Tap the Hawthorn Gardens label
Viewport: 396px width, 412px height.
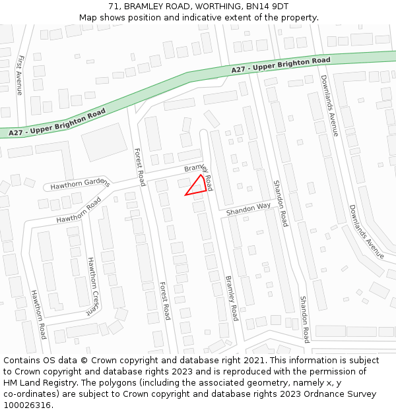79,183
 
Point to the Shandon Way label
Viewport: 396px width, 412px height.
248,210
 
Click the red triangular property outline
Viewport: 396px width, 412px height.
196,187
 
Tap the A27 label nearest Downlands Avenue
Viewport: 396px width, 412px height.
280,65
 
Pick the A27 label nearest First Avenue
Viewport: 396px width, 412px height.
57,123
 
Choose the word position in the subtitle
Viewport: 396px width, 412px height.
140,17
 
